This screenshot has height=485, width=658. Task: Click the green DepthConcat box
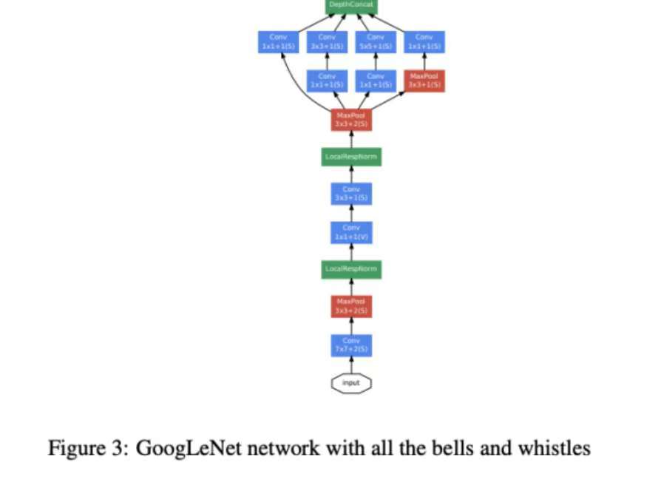coord(352,6)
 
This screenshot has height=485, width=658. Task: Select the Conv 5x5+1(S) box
coord(376,42)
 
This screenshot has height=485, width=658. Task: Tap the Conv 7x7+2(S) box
coord(351,345)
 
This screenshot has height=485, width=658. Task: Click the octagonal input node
coord(351,383)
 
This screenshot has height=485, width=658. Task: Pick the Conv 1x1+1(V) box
coord(351,232)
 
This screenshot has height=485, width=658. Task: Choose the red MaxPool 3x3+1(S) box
coord(424,81)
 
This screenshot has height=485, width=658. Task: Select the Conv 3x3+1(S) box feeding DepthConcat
coord(327,42)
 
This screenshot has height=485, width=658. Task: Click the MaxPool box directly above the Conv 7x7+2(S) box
coord(351,306)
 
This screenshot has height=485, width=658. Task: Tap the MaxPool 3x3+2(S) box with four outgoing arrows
coord(351,119)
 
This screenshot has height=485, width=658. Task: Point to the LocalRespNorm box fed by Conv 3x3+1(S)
coord(351,157)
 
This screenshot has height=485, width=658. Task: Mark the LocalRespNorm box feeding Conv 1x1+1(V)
coord(351,268)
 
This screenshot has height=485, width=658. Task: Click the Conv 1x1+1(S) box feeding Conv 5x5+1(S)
coord(376,81)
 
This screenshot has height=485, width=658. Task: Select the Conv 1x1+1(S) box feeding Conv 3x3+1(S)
coord(327,81)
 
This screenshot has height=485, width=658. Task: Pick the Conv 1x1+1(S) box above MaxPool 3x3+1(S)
coord(424,42)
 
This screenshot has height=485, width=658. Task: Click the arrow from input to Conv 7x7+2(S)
coord(351,364)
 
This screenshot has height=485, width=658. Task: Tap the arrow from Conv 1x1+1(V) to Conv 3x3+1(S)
coord(351,214)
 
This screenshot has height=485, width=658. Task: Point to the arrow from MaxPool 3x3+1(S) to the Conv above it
coord(424,61)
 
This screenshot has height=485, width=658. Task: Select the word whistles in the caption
coord(557,448)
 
